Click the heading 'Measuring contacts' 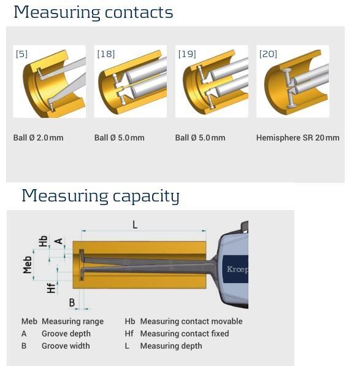[93, 13]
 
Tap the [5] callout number [21, 54]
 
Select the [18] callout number [106, 54]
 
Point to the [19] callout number [187, 54]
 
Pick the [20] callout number [268, 54]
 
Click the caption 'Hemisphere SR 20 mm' [297, 138]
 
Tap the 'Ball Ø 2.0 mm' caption [38, 138]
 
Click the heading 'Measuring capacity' [101, 197]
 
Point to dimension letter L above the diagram [135, 225]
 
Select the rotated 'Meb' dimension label [27, 265]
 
